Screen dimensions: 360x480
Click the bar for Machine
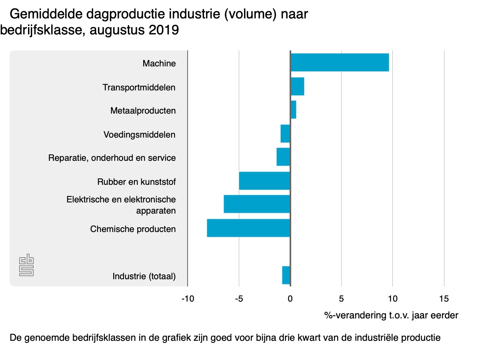point(340,62)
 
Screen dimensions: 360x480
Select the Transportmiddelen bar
point(297,86)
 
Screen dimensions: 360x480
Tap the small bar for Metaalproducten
point(293,110)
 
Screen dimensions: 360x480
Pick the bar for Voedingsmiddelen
point(285,134)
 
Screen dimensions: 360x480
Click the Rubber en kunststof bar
point(264,181)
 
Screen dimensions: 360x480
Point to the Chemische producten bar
point(248,228)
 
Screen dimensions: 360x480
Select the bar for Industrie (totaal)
point(286,275)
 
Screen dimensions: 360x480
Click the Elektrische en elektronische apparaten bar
point(257,204)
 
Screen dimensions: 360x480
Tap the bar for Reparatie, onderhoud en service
point(283,157)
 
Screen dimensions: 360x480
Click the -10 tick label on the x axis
point(188,298)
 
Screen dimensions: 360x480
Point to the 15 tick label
point(444,298)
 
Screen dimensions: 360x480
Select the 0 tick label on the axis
point(290,298)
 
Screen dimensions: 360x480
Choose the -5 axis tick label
point(239,298)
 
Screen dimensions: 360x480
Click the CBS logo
point(26,265)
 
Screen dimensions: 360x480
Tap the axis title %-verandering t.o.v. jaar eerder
point(391,316)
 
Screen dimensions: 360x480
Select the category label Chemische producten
point(133,229)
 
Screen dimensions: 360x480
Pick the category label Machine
point(159,63)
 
